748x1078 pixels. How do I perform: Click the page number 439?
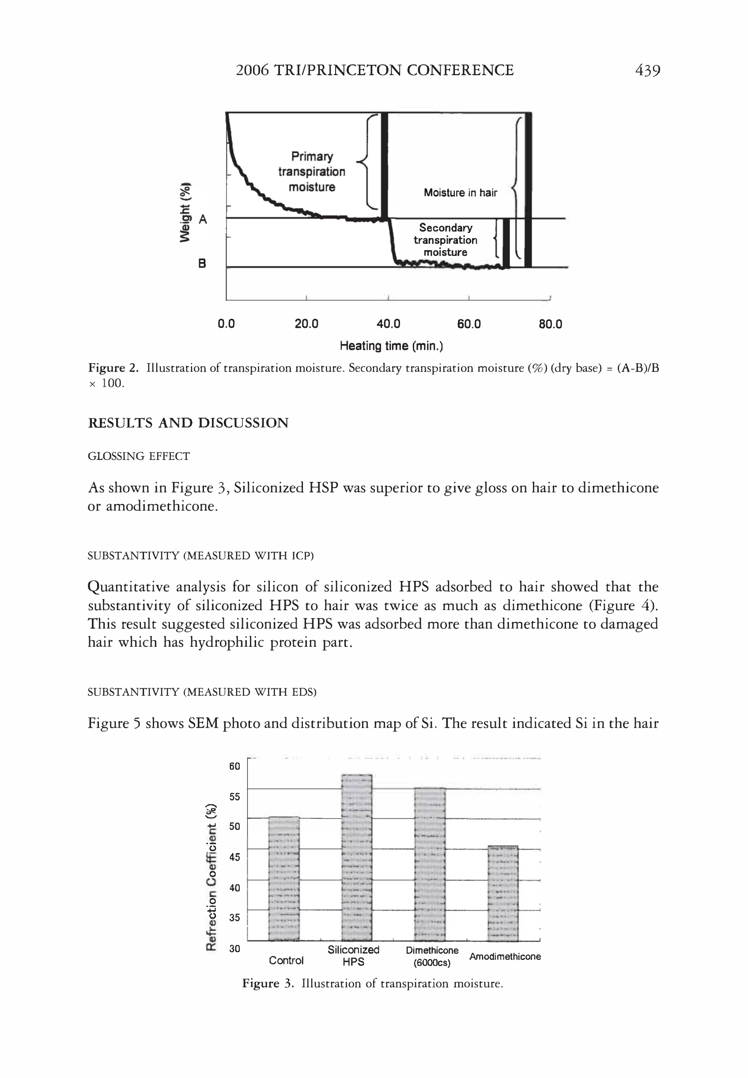coord(647,70)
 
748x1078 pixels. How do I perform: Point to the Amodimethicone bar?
coord(503,893)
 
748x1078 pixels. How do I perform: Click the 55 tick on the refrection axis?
coord(234,797)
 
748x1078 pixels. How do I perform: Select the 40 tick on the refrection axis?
coord(234,888)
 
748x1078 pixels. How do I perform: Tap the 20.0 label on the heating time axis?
coord(306,324)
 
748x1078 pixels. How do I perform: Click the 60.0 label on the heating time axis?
coord(468,324)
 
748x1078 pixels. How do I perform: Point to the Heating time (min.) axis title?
coord(391,346)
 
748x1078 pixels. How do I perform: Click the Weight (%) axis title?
coord(185,212)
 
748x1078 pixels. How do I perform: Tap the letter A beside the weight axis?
coord(203,219)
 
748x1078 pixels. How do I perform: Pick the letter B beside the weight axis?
coord(202,263)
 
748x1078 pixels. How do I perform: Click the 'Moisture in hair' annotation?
coord(460,193)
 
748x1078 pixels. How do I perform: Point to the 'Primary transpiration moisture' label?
coord(312,171)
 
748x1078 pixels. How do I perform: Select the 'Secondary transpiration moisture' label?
coord(445,240)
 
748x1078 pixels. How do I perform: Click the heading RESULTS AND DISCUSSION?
coord(188,423)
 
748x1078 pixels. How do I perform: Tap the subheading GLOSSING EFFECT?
coord(139,456)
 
